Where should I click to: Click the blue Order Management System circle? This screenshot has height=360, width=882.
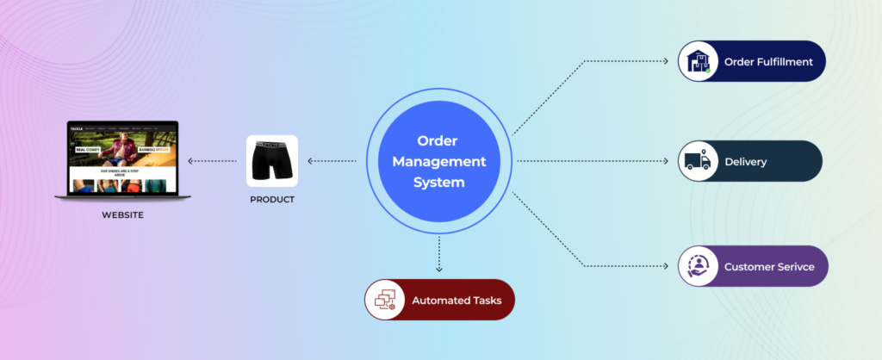(x=440, y=161)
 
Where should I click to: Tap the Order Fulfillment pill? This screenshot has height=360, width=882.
(x=751, y=61)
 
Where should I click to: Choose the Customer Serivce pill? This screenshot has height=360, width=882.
(x=752, y=266)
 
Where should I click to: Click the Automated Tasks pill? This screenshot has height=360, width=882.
(x=438, y=300)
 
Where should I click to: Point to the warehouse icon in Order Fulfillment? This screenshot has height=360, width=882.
(x=699, y=61)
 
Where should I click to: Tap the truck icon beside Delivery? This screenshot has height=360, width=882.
(x=699, y=161)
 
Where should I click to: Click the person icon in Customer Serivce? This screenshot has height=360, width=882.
(x=699, y=266)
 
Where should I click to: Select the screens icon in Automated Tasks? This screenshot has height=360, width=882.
(x=385, y=300)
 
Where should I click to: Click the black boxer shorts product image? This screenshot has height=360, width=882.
(x=272, y=161)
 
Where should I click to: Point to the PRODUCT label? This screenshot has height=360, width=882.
(x=272, y=200)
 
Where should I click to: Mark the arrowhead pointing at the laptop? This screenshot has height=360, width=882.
(x=192, y=161)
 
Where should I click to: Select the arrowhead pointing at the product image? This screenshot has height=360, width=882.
(x=311, y=161)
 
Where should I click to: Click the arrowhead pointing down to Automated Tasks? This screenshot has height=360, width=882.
(x=439, y=270)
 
